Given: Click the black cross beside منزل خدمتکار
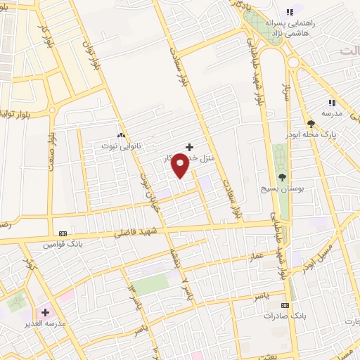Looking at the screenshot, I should point(188,146).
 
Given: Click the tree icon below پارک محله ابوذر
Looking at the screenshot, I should point(311,124).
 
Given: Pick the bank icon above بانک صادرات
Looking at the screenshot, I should point(285,306).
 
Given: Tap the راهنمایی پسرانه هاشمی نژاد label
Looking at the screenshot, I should point(317,27).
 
